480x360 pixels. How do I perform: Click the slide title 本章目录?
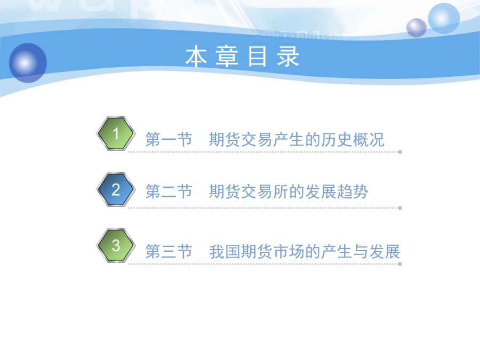click(242, 57)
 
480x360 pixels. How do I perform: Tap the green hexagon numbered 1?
click(116, 133)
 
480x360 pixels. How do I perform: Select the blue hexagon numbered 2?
click(116, 189)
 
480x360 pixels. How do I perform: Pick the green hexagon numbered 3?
click(116, 245)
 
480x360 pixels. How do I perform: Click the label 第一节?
click(169, 140)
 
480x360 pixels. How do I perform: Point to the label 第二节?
click(169, 191)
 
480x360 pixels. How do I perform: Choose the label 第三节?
click(169, 252)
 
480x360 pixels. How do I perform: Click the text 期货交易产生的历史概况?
click(297, 140)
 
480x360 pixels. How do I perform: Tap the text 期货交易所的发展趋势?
click(289, 191)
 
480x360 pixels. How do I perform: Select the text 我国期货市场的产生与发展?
click(305, 252)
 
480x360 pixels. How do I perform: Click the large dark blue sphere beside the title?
click(28, 63)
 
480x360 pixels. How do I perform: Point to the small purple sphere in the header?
click(417, 28)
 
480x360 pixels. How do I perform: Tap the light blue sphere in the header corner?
click(444, 18)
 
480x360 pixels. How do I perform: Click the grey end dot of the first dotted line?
click(400, 152)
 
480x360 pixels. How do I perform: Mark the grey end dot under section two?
click(400, 208)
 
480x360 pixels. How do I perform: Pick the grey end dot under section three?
click(400, 264)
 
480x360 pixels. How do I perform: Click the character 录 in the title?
click(288, 57)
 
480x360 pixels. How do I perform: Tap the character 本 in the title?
click(196, 57)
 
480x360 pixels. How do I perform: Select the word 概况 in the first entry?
click(369, 140)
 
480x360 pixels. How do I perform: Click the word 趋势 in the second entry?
click(352, 191)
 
